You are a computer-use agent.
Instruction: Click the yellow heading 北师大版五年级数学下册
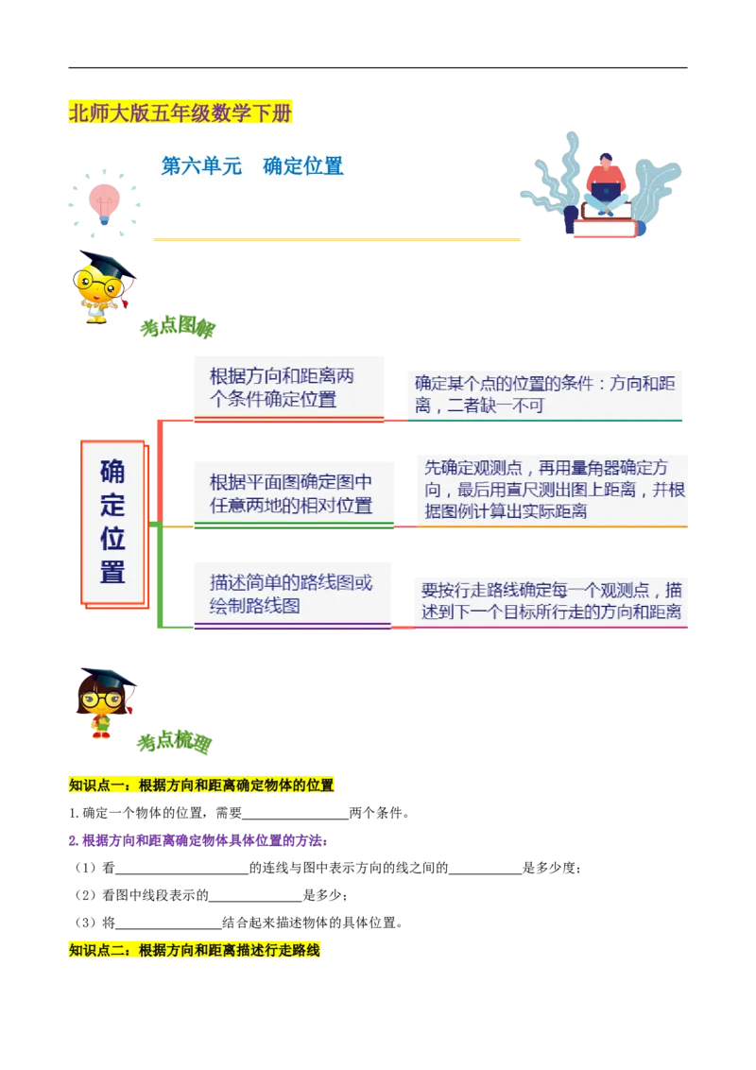180,114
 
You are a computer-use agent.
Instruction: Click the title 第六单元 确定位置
252,167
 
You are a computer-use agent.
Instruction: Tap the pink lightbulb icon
103,199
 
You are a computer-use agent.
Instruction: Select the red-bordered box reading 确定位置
112,522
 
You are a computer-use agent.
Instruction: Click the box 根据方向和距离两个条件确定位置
285,388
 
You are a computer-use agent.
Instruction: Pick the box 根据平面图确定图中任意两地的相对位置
292,493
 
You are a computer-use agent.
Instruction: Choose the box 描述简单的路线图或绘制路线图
290,594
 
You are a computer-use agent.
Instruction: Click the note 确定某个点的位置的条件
544,395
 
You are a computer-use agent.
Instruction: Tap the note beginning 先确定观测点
554,491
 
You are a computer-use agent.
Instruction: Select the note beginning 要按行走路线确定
551,601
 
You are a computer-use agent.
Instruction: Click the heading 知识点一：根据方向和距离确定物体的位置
202,785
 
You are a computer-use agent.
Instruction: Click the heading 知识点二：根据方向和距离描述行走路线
196,950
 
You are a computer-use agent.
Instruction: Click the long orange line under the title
335,239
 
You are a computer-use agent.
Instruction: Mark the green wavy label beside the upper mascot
178,329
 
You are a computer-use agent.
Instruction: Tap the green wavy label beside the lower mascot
177,742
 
